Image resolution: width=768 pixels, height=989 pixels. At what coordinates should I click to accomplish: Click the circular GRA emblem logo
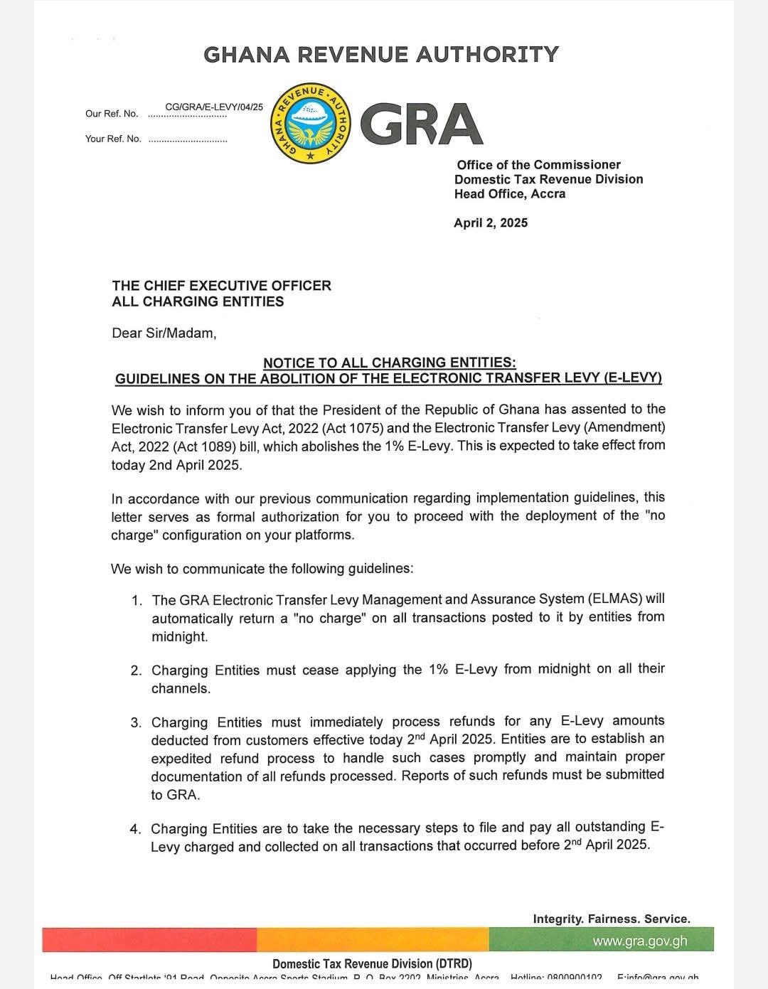[x=311, y=122]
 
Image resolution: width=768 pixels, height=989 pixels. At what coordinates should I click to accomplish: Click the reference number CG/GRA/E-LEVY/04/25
[x=214, y=107]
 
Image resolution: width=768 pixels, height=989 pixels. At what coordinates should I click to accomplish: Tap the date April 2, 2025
[x=491, y=223]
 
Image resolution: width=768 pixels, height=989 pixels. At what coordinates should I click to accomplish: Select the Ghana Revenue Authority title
[x=381, y=55]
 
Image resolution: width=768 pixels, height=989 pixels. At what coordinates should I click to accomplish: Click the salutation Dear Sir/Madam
[x=164, y=333]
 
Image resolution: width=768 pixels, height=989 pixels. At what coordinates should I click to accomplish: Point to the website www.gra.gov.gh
[x=640, y=941]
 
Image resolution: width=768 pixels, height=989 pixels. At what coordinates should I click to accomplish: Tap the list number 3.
[x=136, y=722]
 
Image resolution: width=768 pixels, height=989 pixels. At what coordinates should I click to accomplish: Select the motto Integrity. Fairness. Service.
[x=612, y=919]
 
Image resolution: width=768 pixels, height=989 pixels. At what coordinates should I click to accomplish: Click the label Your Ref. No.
[x=113, y=139]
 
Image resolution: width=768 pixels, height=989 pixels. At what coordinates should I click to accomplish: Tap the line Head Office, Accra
[x=510, y=194]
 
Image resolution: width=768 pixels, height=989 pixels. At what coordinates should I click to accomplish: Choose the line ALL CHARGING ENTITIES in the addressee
[x=198, y=301]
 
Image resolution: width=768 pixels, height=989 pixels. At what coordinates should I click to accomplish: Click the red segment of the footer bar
[x=149, y=940]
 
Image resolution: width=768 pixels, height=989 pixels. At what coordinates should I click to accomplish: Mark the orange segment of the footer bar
[x=373, y=940]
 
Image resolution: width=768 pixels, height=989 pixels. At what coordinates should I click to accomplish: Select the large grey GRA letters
[x=422, y=124]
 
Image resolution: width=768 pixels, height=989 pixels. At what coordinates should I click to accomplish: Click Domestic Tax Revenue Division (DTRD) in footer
[x=372, y=963]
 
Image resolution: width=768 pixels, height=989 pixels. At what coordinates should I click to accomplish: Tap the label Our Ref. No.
[x=112, y=114]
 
